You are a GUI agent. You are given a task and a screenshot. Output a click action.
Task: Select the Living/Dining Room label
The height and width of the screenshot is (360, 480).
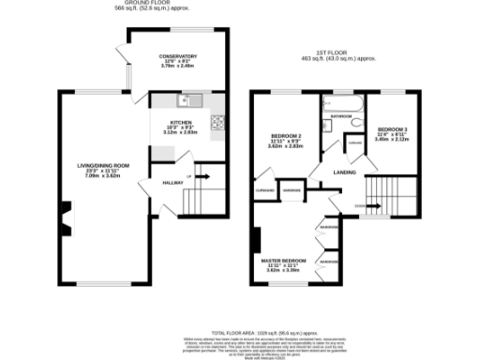[103, 165]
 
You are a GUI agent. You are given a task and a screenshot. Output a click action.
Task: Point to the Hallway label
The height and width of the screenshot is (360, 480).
[172, 182]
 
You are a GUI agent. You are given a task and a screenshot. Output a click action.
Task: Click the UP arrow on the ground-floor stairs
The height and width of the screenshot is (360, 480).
[191, 176]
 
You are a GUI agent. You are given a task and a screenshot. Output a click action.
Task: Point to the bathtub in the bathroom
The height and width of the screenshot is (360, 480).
[344, 102]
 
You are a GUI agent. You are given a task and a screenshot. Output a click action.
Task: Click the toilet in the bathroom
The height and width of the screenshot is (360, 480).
[357, 122]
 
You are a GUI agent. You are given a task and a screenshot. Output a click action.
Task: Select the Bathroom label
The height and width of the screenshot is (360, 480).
[339, 116]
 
